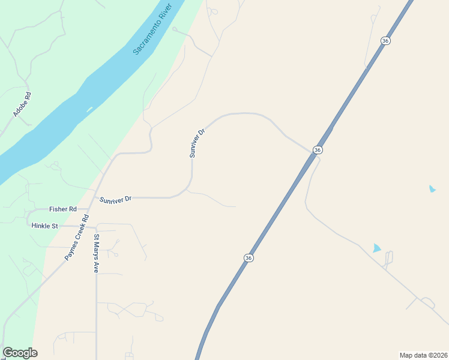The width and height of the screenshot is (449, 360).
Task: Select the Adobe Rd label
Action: click(x=22, y=104)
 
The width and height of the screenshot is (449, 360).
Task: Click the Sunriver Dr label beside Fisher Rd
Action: click(x=115, y=199)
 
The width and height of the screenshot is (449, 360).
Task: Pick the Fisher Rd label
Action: click(x=62, y=209)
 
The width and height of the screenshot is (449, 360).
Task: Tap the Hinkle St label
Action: click(x=44, y=226)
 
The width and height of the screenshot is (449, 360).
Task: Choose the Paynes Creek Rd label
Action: click(x=77, y=238)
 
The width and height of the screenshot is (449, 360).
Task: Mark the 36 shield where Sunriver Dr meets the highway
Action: click(x=318, y=149)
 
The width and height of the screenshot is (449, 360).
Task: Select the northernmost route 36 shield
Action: click(x=385, y=40)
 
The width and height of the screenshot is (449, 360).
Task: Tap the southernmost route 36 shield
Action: click(x=249, y=257)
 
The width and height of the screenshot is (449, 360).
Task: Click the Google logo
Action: click(x=20, y=353)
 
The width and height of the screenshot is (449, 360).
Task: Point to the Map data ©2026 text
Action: click(x=423, y=355)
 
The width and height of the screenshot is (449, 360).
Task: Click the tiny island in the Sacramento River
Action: click(x=89, y=109)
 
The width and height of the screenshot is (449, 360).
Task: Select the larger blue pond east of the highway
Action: click(x=376, y=247)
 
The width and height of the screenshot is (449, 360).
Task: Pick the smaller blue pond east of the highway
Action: click(x=432, y=189)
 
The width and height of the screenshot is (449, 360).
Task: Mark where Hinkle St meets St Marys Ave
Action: click(x=96, y=227)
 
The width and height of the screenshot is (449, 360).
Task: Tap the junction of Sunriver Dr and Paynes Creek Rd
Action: click(x=95, y=196)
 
